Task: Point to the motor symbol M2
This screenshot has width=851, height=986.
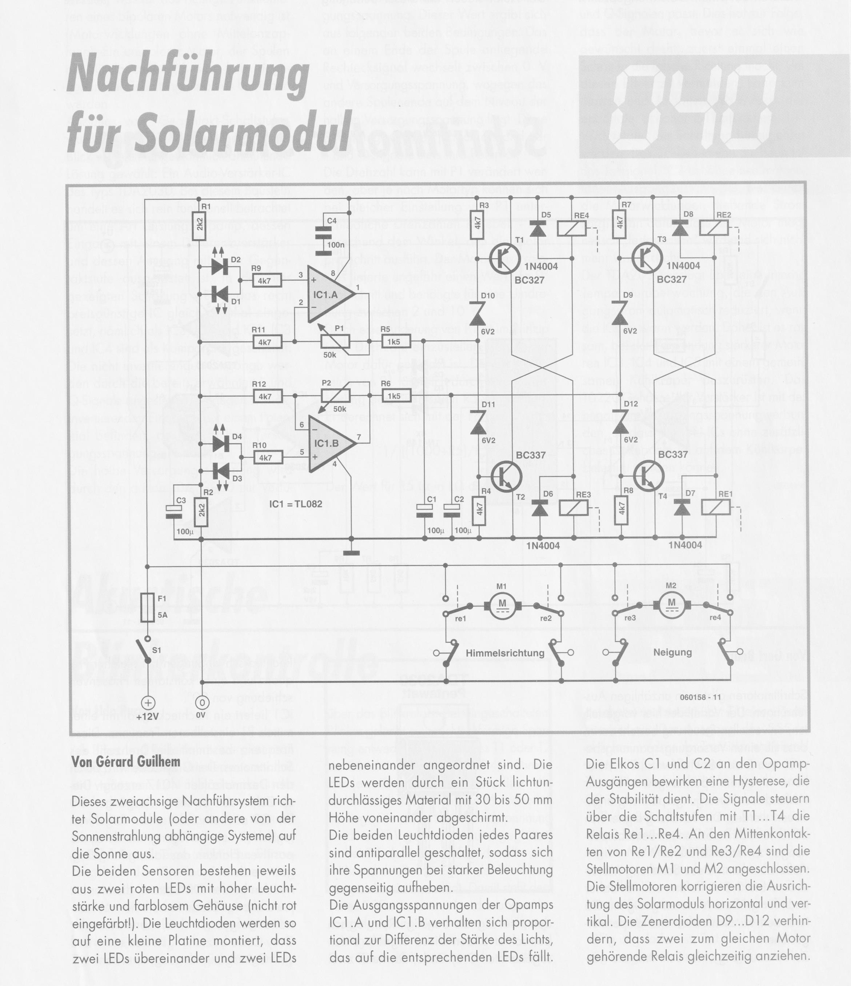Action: [x=672, y=604]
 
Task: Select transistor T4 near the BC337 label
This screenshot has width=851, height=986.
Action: [x=648, y=473]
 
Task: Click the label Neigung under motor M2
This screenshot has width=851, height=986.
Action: [x=672, y=652]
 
